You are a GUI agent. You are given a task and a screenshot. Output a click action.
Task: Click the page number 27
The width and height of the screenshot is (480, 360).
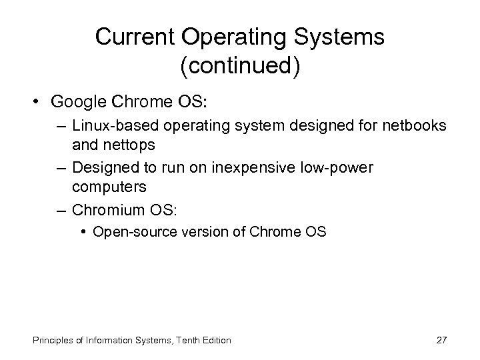(x=441, y=340)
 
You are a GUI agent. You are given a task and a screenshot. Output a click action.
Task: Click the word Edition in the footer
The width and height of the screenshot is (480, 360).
(x=215, y=340)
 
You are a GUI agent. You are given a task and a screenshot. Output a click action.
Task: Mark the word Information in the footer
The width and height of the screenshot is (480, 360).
(x=103, y=340)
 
